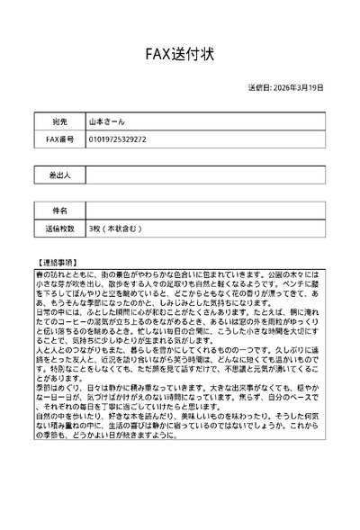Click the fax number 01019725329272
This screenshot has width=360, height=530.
tap(118, 139)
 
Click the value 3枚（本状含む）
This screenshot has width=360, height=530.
tap(116, 229)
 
